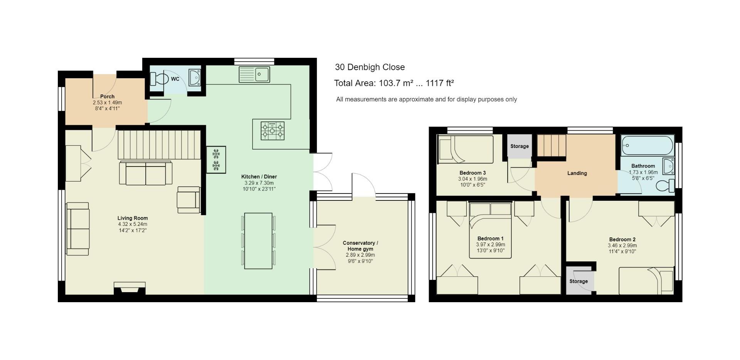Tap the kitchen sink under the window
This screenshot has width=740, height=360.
(254, 74)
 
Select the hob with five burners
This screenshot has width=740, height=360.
(272, 131)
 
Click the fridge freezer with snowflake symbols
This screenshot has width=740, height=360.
(216, 160)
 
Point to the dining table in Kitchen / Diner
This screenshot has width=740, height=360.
(258, 241)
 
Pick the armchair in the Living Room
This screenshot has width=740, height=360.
(188, 200)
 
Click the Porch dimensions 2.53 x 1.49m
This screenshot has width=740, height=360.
(107, 103)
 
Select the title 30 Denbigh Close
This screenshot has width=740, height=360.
(370, 67)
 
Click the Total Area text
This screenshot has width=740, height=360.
(394, 83)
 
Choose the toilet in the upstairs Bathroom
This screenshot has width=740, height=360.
(666, 186)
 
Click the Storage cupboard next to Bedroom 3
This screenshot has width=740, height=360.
(519, 146)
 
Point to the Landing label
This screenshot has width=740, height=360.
(577, 173)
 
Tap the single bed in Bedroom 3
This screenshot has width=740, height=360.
(466, 150)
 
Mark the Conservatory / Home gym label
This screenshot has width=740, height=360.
(360, 246)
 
